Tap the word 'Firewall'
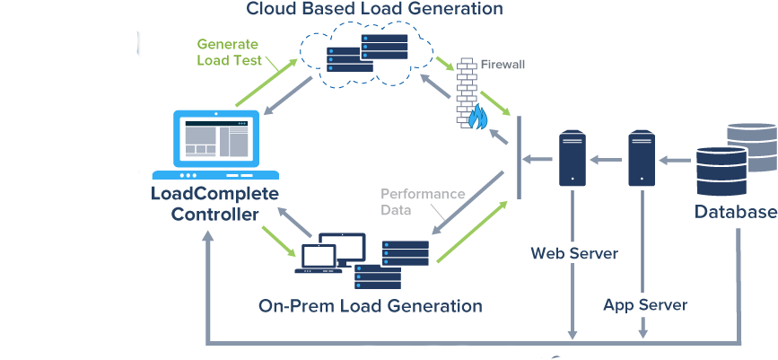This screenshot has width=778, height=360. coord(503,65)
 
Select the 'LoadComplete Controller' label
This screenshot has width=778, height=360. coord(215,204)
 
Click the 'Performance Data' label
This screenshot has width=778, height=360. coord(410,202)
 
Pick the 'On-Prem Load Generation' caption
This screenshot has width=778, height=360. coord(370,306)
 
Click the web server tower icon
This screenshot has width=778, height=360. coord(572,160)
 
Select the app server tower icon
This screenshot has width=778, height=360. coord(642,160)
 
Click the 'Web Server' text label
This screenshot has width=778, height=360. coord(574,253)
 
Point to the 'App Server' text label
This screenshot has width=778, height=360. coord(645,305)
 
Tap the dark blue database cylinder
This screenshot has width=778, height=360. coord(720,171)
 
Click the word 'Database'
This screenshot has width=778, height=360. coord(735,213)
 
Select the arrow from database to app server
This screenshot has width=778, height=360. coord(675,160)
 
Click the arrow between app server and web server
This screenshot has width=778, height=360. coord(607,160)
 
